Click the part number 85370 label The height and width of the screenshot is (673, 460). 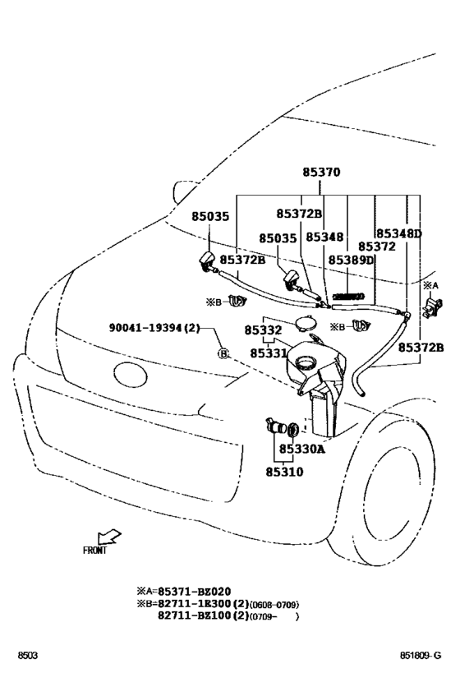click(320, 173)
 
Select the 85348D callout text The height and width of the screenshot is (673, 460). click(398, 234)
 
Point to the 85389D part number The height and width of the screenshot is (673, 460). click(351, 260)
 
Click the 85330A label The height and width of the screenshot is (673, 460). click(301, 449)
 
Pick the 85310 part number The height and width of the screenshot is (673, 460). click(283, 472)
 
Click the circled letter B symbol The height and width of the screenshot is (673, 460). click(222, 353)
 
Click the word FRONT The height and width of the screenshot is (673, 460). click(95, 551)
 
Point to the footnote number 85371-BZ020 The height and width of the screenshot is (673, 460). click(195, 591)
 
